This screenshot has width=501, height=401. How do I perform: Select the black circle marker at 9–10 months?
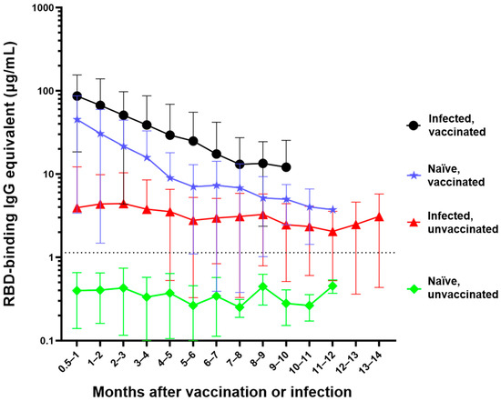[x=286, y=167]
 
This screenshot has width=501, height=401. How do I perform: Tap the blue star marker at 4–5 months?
[x=170, y=177]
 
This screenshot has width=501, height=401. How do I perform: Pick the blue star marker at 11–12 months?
[x=332, y=210]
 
